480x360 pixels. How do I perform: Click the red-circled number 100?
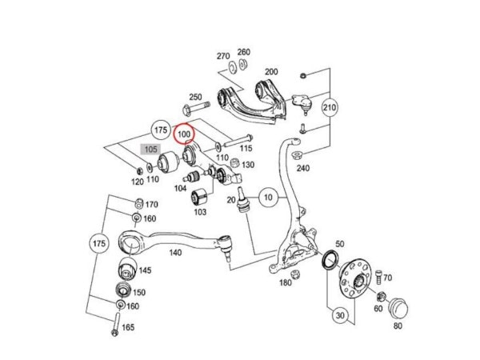(184, 134)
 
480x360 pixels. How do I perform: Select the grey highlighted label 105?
(150, 150)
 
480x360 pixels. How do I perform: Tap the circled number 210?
(330, 107)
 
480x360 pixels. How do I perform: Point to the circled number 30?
(340, 315)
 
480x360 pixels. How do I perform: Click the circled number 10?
(268, 198)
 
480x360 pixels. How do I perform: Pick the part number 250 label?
(195, 97)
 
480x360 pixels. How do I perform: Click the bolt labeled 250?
(195, 109)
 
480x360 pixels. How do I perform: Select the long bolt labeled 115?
(238, 141)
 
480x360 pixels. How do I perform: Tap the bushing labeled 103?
(199, 196)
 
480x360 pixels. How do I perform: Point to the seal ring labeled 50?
(330, 259)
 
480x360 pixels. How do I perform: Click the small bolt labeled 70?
(379, 277)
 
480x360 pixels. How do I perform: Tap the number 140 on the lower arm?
(175, 253)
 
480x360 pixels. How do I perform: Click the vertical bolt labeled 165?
(116, 324)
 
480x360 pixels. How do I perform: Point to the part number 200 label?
(271, 72)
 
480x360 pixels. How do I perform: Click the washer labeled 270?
(232, 67)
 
